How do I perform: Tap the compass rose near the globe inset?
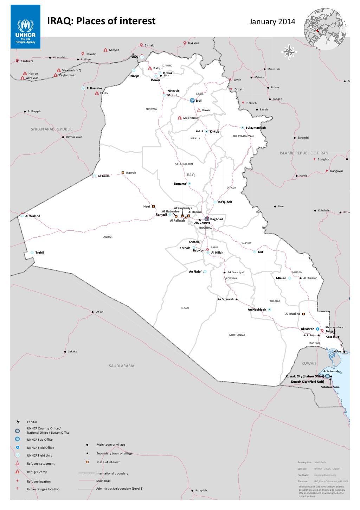point(289,52)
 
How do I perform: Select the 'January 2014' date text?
point(272,22)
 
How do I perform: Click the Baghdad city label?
point(217,219)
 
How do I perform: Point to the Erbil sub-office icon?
point(192,100)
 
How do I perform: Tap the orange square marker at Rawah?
point(123,173)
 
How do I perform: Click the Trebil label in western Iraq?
point(39,253)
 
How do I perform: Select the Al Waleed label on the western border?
point(32,216)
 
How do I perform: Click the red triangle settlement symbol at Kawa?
point(199,110)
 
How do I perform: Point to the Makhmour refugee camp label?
point(191,118)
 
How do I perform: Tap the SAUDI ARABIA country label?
point(121,366)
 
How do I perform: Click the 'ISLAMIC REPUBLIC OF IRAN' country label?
point(304,153)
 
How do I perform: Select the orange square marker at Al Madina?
point(303,314)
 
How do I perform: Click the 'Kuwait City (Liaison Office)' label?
point(304,376)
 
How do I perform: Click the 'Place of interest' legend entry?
point(108,462)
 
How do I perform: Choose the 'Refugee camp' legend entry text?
point(37,472)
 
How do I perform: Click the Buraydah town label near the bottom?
point(201,490)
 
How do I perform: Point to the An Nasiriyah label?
point(257,310)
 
